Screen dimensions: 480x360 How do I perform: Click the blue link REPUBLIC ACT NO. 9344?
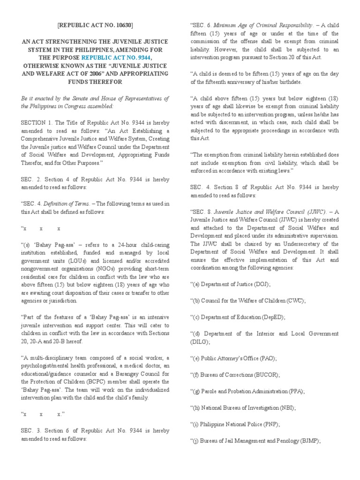pyautogui.click(x=121, y=57)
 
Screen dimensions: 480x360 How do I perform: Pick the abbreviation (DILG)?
pyautogui.click(x=202, y=342)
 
